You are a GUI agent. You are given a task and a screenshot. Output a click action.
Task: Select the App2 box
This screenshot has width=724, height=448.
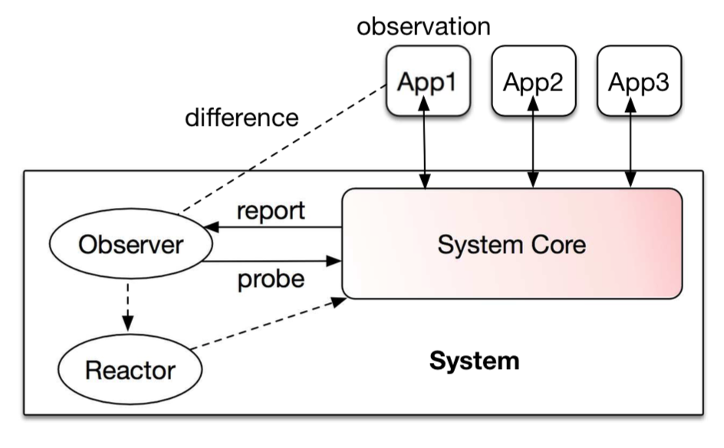532,81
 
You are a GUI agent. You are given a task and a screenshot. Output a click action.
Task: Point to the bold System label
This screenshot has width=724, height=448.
473,360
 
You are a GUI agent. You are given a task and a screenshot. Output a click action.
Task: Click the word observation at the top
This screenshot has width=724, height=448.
423,26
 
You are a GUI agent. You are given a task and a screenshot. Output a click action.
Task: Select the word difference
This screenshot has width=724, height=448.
242,118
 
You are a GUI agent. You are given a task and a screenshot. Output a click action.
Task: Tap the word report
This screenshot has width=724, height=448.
271,209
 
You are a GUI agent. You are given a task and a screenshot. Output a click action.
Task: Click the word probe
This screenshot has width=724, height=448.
270,278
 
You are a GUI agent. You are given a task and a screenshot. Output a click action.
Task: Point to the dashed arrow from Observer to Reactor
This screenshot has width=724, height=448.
127,305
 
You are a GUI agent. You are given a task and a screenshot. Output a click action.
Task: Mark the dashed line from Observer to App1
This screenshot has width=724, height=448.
281,149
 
